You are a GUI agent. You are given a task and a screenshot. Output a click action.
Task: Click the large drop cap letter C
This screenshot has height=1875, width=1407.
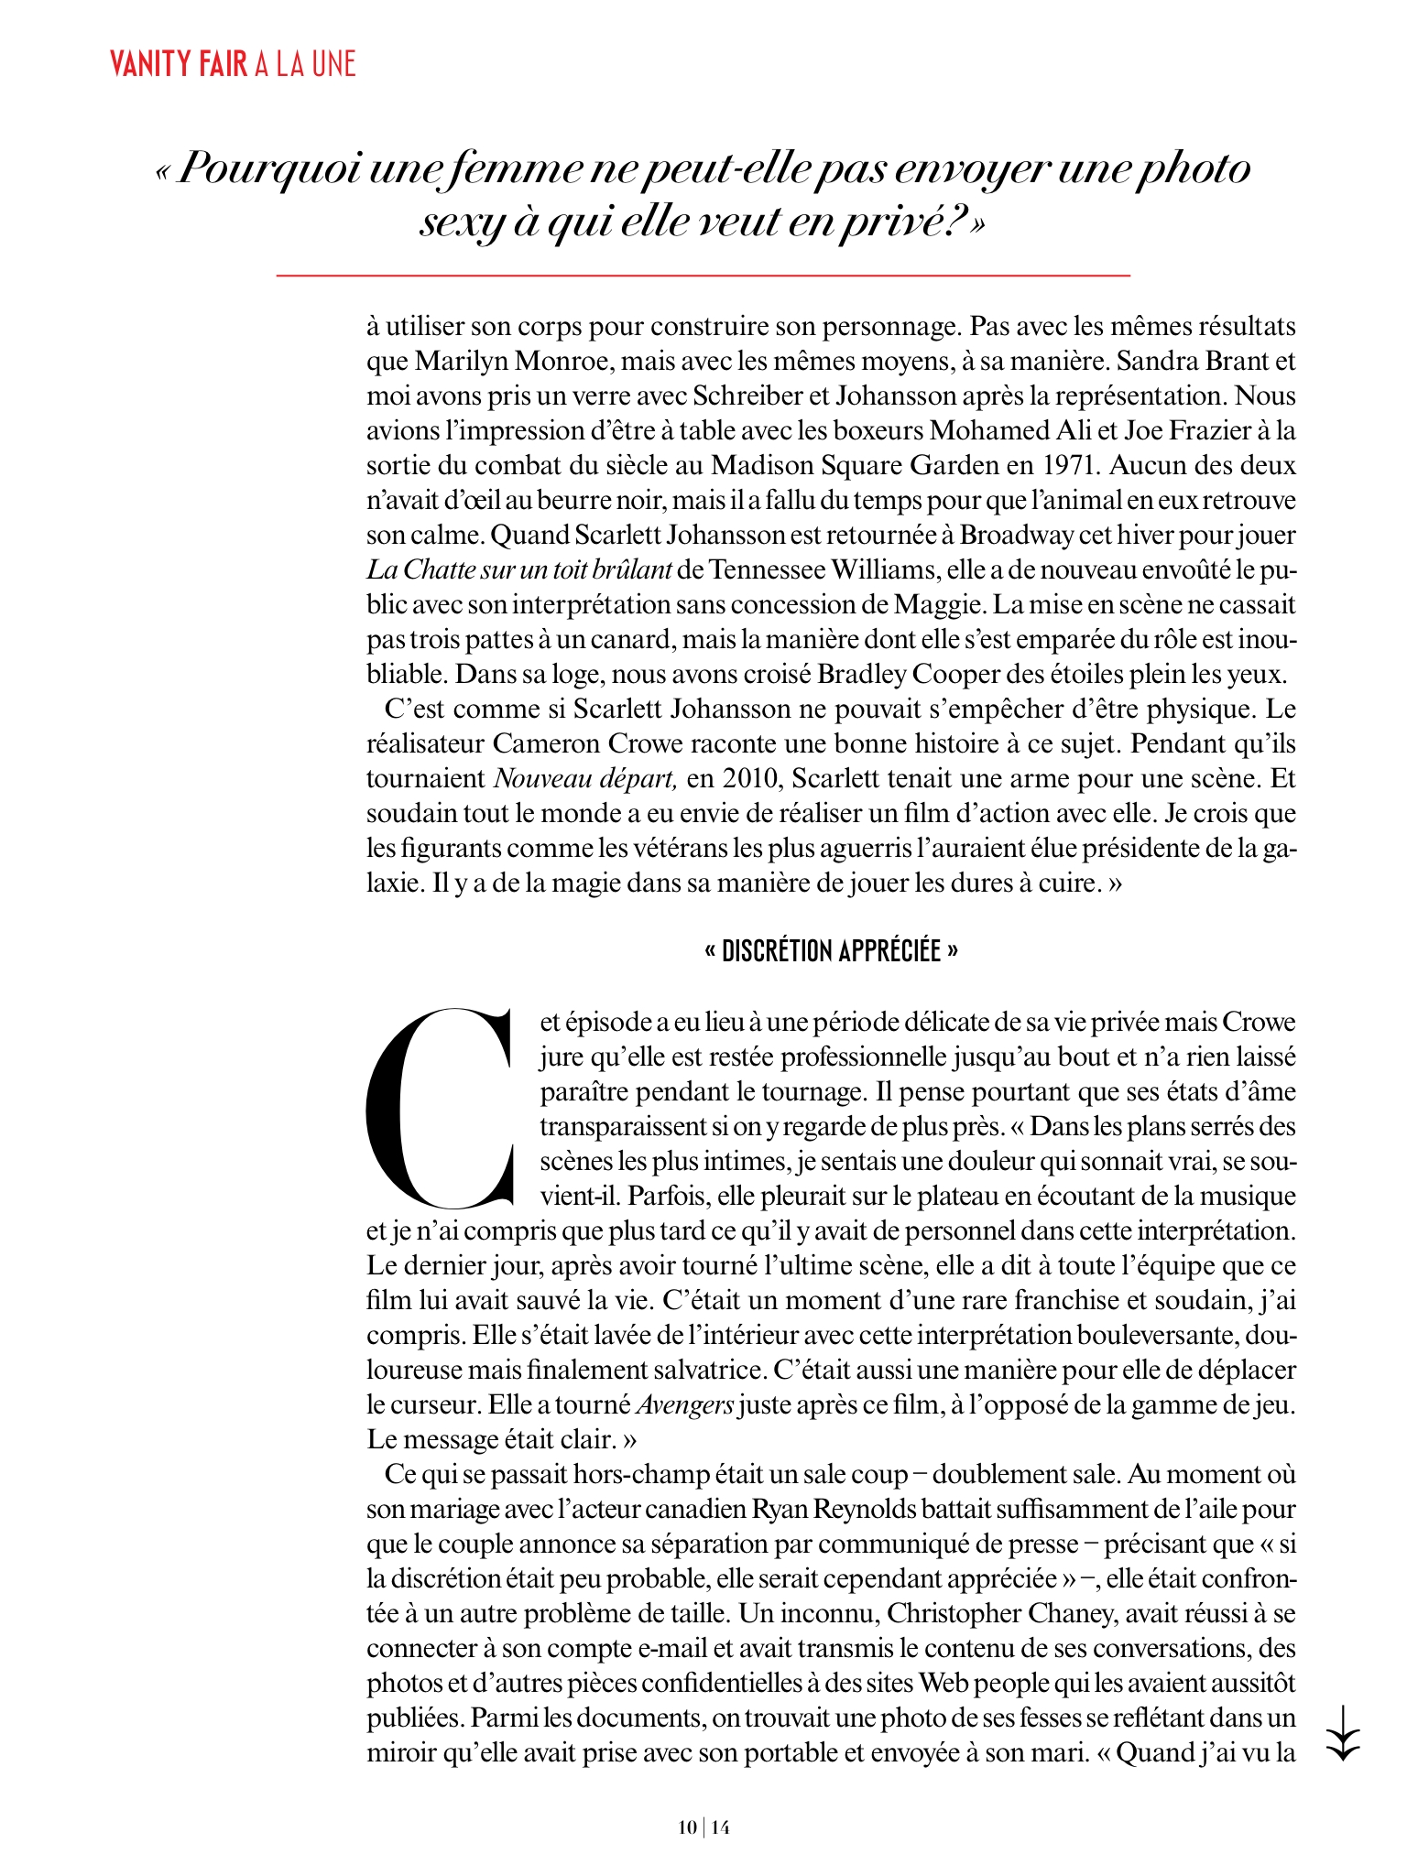tap(438, 1109)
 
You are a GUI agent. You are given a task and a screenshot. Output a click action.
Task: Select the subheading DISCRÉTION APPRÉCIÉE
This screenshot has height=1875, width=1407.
tap(831, 951)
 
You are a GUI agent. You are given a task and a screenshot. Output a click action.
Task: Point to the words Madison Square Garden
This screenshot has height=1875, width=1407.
tap(855, 465)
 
